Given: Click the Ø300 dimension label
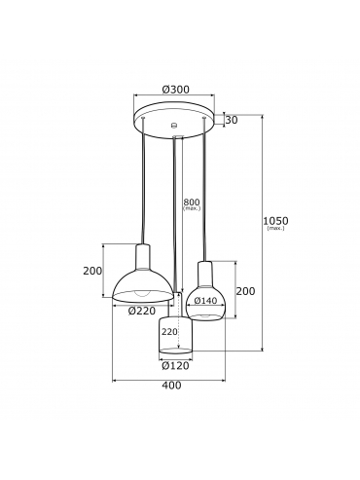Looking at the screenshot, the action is tap(175, 90).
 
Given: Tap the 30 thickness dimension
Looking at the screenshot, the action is tap(232, 120).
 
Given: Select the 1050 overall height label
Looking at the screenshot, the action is tap(275, 221).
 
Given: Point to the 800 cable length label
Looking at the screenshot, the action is tap(192, 203).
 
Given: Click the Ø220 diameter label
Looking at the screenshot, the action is tap(142, 311).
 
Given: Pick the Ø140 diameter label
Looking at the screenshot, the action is tap(205, 301).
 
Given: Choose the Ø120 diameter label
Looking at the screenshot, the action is tap(175, 366).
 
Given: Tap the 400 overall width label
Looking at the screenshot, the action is tap(171, 386).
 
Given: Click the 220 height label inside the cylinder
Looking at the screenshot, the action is tap(169, 332).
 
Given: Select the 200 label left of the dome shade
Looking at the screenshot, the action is tap(92, 271).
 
